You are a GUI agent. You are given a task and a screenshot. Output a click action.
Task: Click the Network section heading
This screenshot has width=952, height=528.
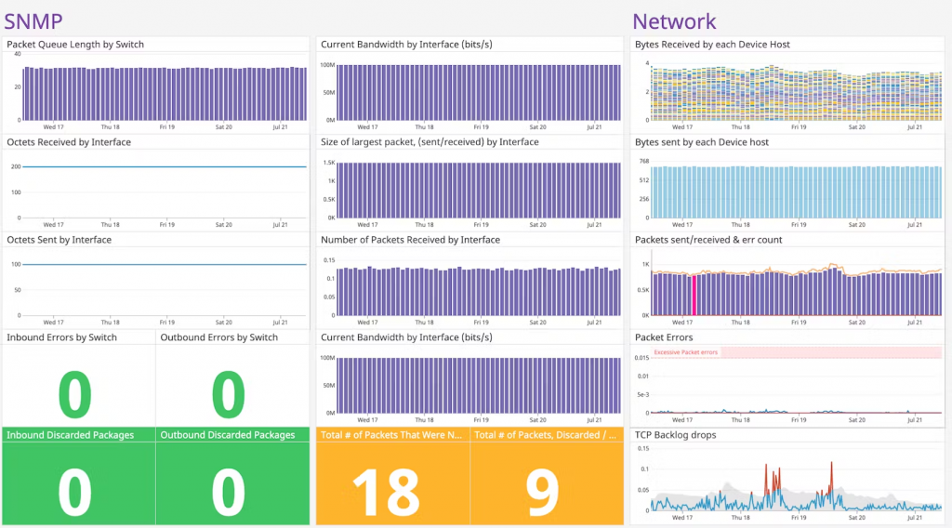[x=674, y=20]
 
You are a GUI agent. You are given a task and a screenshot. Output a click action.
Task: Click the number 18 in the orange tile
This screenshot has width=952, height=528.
[x=391, y=492]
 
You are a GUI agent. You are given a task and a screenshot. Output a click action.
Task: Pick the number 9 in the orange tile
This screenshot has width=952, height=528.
[x=543, y=492]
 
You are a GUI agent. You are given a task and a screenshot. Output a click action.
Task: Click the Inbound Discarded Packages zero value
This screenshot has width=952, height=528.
[x=75, y=492]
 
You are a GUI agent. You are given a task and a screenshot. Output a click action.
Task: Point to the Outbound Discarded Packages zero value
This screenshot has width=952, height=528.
[x=229, y=492]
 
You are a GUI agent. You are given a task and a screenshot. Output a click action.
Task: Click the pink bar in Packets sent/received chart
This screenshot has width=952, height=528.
[x=694, y=296]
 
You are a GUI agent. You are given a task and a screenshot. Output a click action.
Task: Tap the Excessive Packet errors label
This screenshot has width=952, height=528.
[x=685, y=352]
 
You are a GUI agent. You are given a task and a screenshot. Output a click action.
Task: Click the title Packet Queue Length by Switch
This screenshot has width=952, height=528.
[x=75, y=45]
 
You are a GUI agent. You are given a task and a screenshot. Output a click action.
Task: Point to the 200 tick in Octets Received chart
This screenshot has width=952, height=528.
[x=16, y=167]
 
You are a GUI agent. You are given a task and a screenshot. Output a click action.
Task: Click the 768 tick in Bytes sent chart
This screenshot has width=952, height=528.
[x=642, y=162]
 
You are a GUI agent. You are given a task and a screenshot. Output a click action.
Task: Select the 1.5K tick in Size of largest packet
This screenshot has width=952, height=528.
[x=329, y=163]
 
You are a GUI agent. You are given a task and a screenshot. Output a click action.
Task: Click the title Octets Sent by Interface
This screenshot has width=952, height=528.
[x=59, y=240]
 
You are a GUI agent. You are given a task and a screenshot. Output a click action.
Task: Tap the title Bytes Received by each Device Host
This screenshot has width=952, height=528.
[x=712, y=45]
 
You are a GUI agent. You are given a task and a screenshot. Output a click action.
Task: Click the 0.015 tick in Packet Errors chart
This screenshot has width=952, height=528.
[x=641, y=357]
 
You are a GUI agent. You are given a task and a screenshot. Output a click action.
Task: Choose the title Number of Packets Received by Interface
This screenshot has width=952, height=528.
[x=410, y=240]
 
